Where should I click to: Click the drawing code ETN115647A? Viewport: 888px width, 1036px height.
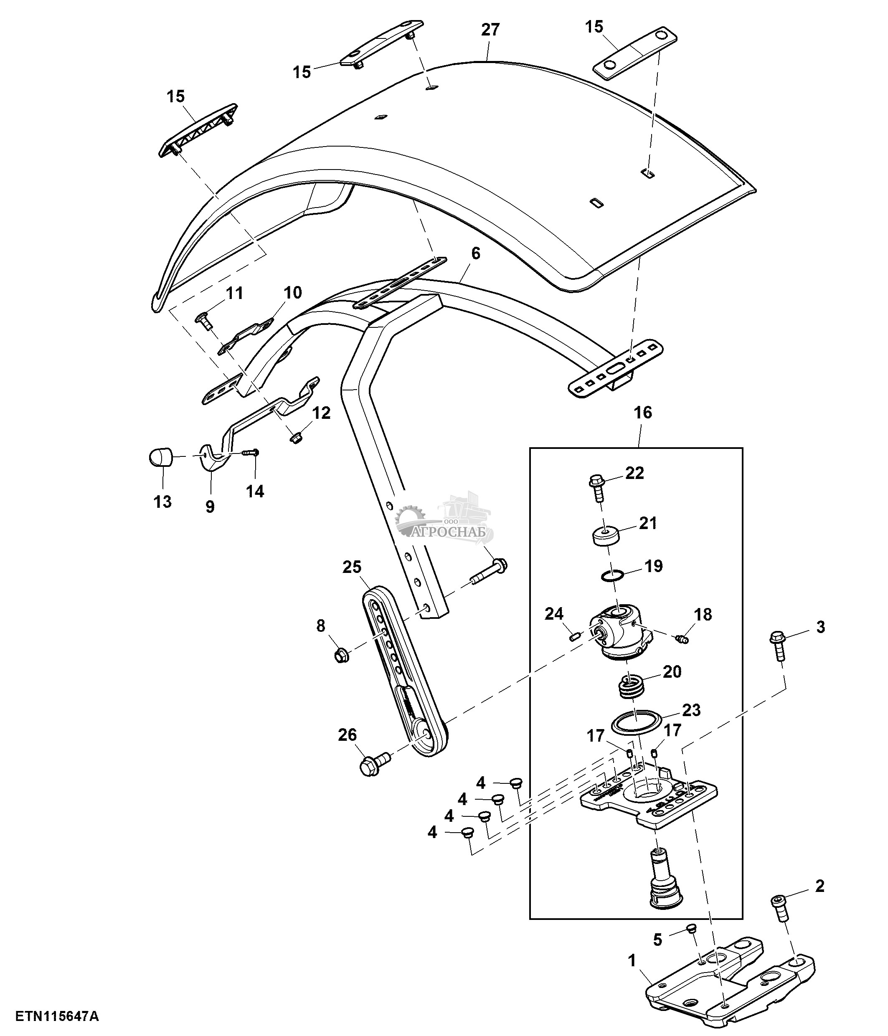(x=57, y=1016)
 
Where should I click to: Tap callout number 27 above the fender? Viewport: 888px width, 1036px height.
(x=490, y=30)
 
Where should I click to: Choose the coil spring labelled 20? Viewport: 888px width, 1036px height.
(x=631, y=688)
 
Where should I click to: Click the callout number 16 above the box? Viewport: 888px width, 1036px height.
(x=643, y=413)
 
